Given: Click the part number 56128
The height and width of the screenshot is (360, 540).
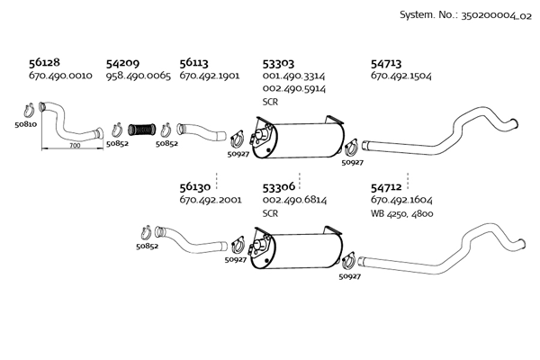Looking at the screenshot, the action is coord(44,62).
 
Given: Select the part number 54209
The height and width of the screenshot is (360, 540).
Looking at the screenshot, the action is coord(122,63).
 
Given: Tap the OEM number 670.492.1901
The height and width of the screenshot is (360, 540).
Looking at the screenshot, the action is coord(210,76).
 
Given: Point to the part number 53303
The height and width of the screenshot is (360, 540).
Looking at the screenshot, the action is coord(278,64).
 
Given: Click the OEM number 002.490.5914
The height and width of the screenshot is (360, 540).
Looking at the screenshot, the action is coord(293,88).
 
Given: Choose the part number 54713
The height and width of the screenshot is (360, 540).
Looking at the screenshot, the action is coord(386,64).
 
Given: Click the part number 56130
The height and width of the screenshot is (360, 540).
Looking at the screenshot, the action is coord(195,187).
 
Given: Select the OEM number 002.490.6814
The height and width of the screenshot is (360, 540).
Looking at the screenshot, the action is coord(294,200).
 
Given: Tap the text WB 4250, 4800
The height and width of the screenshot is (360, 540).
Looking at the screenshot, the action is coord(402,213).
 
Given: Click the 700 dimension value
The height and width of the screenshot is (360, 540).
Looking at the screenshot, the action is coord(75,146).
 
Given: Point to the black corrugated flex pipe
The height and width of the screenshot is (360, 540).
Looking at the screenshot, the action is coord(142,130).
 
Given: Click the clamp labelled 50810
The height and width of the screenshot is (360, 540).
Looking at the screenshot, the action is coord(28,111).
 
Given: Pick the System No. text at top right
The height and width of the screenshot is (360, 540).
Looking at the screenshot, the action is coord(465,15).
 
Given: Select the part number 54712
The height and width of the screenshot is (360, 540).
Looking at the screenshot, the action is coord(386,187).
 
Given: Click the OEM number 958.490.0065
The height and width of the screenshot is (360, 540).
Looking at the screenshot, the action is coord(138,76).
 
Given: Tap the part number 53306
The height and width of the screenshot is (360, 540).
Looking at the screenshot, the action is coord(279,187).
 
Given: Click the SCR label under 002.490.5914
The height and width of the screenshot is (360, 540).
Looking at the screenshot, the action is coord(270,102).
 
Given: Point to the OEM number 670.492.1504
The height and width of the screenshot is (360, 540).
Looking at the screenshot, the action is coord(400,76).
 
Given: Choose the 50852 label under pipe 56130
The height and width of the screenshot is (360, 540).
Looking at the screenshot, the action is coord(147,247).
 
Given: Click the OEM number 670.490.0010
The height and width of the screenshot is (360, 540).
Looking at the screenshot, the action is coord(60,76).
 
